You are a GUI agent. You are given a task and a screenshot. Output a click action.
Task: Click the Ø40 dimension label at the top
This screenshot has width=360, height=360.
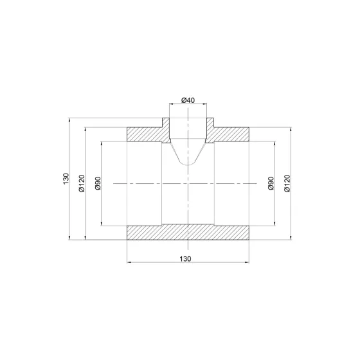188,100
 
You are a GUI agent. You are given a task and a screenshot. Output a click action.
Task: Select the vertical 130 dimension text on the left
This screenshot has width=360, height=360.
66,179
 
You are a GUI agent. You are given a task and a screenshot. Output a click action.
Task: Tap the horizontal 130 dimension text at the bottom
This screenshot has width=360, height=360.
185,258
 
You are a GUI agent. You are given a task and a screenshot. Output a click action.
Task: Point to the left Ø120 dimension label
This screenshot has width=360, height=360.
82,183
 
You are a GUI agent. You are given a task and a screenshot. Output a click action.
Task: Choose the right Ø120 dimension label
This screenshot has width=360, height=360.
287,183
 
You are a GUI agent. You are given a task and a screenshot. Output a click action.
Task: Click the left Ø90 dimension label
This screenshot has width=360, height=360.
98,183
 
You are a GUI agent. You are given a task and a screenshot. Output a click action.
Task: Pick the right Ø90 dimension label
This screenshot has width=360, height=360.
271,183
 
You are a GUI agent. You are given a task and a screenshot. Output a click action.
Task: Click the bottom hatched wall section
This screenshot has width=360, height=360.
188,232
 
